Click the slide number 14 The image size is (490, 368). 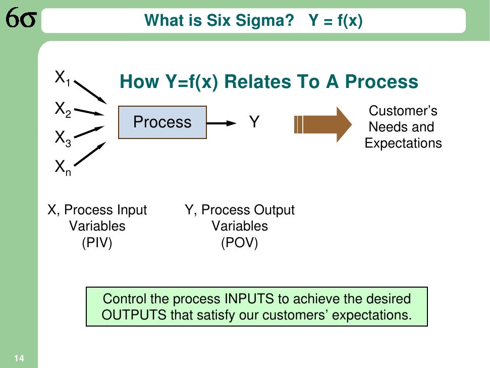[x=19, y=358]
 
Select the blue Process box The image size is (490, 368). [x=162, y=122]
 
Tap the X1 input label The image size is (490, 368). [x=63, y=78]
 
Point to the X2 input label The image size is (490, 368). [x=63, y=109]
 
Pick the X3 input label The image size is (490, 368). [x=63, y=138]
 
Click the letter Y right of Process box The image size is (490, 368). [x=254, y=122]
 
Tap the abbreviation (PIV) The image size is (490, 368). [x=97, y=243]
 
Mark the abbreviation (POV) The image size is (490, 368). [x=239, y=243]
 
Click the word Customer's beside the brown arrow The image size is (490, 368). [x=403, y=111]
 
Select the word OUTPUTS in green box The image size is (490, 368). [x=134, y=315]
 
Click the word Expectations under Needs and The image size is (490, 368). [x=403, y=143]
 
